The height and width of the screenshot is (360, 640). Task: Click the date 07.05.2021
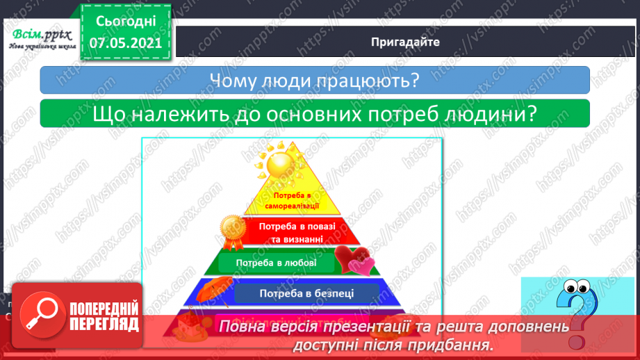tap(125, 42)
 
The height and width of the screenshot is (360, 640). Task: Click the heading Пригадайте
tap(405, 42)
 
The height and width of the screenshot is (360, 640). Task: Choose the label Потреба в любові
tap(276, 263)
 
